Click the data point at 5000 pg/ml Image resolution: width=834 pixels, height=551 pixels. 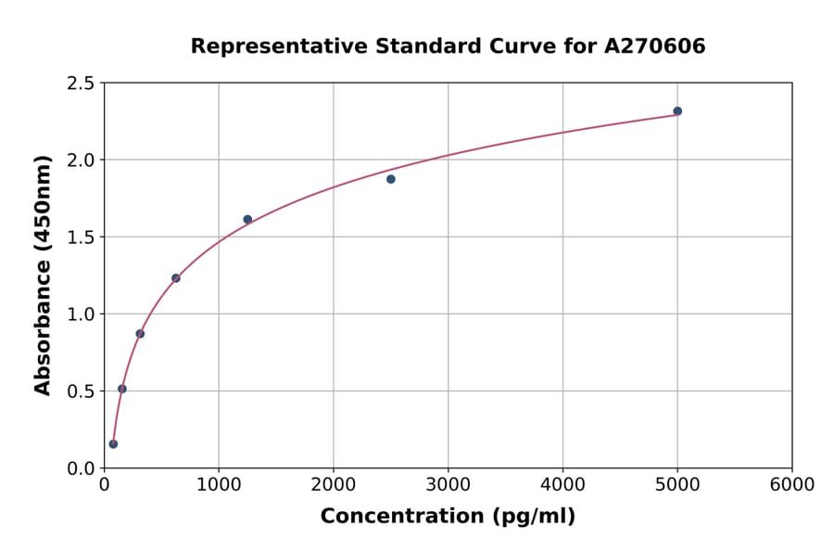coord(677,111)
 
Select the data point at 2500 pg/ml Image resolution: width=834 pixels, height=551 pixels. coord(391,179)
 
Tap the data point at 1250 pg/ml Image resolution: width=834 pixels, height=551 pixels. coord(247,220)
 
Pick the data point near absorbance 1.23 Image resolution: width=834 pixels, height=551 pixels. coord(176,278)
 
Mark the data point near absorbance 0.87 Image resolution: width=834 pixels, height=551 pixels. coord(140,334)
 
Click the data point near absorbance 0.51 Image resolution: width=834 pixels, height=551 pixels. coord(122,389)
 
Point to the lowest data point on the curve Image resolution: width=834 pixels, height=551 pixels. coord(113,444)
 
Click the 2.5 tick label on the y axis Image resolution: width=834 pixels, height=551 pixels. coord(81,83)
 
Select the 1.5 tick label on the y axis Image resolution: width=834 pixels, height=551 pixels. coord(81,237)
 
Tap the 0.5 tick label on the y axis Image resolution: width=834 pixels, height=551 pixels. coord(81,391)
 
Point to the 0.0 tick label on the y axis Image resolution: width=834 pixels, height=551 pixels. coord(81,468)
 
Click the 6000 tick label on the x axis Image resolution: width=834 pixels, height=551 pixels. coord(792,485)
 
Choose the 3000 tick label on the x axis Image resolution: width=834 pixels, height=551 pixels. coord(449,485)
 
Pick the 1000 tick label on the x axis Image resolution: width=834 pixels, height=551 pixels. coord(219,485)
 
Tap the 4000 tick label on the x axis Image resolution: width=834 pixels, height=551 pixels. coord(562,485)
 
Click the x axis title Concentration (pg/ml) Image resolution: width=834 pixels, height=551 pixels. coord(448,517)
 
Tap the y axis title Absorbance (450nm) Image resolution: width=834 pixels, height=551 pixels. coord(43,275)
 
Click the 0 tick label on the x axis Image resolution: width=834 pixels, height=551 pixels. coord(104,485)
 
